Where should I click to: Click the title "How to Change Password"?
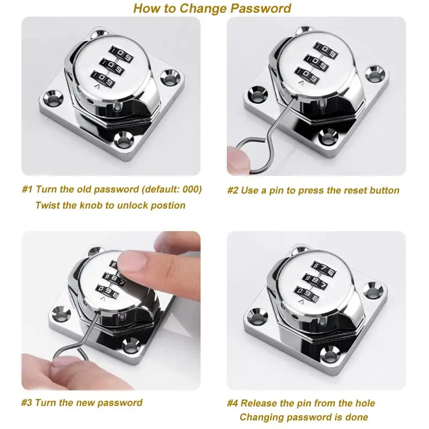click(x=212, y=8)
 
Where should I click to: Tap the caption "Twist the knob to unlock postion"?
click(x=110, y=205)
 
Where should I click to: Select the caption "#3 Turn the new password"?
click(x=82, y=403)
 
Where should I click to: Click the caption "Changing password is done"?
click(x=304, y=417)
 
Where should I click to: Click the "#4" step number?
click(x=232, y=403)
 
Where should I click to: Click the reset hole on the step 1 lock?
click(x=116, y=108)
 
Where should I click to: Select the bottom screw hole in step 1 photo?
click(x=124, y=141)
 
